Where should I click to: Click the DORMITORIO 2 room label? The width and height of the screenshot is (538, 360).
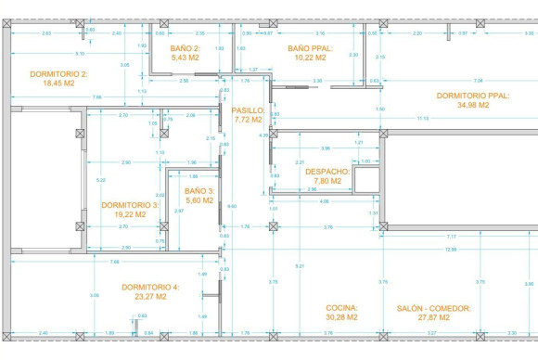pos(58,73)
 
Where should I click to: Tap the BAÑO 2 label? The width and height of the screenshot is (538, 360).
pos(186,47)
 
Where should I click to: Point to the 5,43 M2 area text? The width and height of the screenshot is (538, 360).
pos(186,57)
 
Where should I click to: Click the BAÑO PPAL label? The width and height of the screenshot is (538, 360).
pos(310,47)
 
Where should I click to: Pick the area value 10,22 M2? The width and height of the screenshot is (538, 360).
pos(310,57)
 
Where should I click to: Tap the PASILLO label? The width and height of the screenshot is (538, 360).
pos(249,110)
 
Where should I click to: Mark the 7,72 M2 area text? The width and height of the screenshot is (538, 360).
pos(249,120)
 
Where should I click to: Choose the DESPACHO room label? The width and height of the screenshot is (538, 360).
pos(327,172)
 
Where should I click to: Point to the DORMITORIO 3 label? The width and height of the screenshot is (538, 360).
pos(130,204)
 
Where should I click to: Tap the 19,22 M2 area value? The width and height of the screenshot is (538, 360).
pos(130,213)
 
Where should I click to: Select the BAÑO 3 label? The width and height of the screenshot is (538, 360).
pos(199,190)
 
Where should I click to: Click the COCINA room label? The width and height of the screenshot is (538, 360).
pos(341,307)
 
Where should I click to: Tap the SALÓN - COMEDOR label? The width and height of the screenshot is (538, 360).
pos(434,307)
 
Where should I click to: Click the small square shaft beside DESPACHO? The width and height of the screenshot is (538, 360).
pos(366,179)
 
